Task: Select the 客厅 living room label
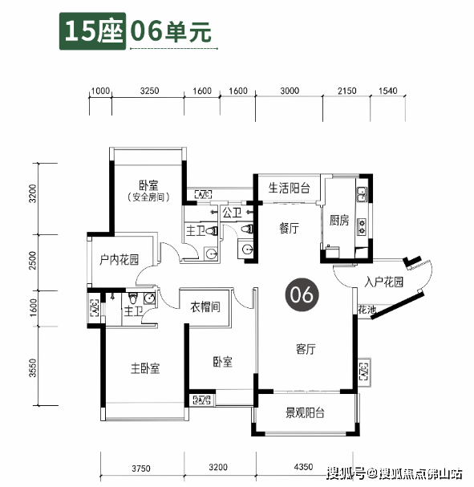click(305, 349)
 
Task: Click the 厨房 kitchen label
click(339, 221)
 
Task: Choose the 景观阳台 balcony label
click(305, 414)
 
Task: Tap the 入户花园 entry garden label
click(383, 282)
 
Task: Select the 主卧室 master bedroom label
click(145, 368)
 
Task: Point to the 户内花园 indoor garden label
click(119, 260)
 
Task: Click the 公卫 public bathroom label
click(232, 213)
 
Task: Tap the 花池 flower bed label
click(367, 310)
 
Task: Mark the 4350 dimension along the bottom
click(304, 467)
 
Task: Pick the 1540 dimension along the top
click(387, 91)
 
